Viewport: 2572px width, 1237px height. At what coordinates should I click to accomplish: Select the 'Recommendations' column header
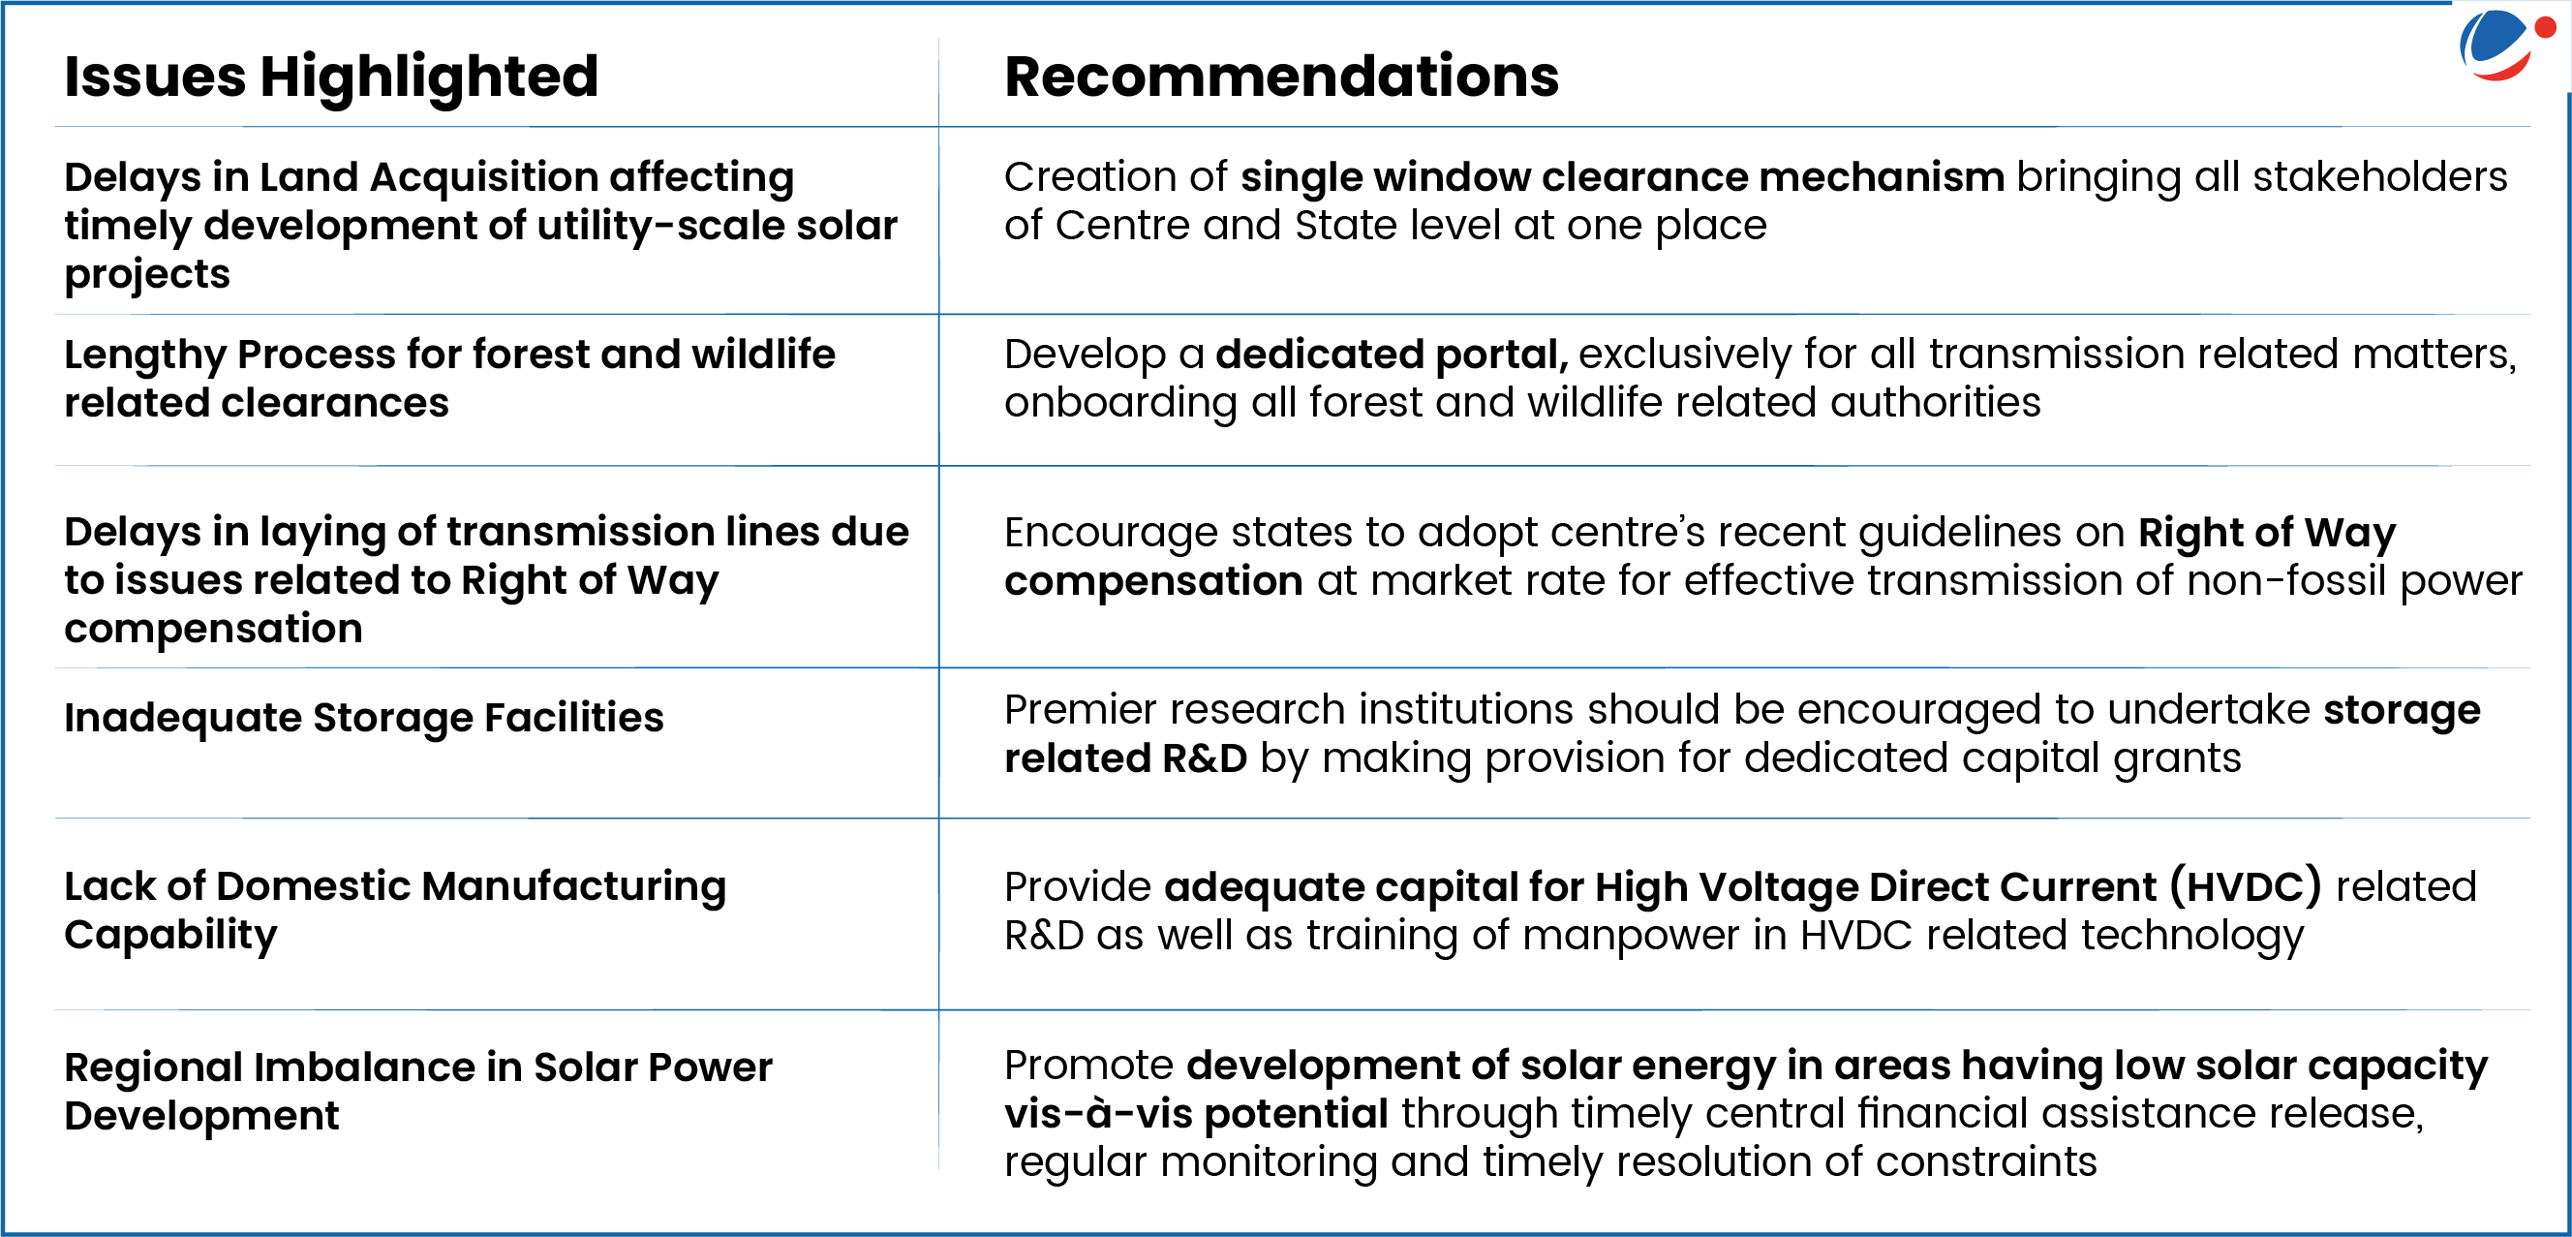pyautogui.click(x=1281, y=77)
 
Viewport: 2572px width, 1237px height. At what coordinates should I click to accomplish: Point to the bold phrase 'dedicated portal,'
pyautogui.click(x=1392, y=355)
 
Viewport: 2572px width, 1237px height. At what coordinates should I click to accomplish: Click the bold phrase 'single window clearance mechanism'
pyautogui.click(x=1622, y=177)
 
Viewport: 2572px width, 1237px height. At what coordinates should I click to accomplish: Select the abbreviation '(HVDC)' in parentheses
pyautogui.click(x=2246, y=886)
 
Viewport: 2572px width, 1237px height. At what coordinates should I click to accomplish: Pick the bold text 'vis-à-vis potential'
pyautogui.click(x=1196, y=1113)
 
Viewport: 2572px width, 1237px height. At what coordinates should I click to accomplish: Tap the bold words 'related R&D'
pyautogui.click(x=1125, y=758)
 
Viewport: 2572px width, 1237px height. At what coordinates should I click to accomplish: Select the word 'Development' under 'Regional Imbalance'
pyautogui.click(x=201, y=1117)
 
